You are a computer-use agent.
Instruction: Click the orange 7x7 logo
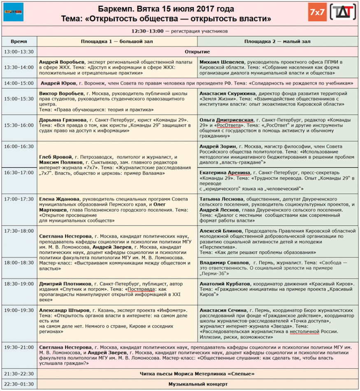pyautogui.click(x=317, y=12)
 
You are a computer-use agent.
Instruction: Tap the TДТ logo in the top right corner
pyautogui.click(x=343, y=12)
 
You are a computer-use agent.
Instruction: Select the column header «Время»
pyautogui.click(x=19, y=42)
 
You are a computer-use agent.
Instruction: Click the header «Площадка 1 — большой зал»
pyautogui.click(x=117, y=42)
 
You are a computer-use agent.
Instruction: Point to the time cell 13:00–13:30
pyautogui.click(x=19, y=52)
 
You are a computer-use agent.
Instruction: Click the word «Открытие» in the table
pyautogui.click(x=197, y=52)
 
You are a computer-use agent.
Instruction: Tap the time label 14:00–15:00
pyautogui.click(x=19, y=83)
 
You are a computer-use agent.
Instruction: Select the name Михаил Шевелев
pyautogui.click(x=219, y=62)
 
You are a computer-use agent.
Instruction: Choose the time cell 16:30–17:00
pyautogui.click(x=19, y=173)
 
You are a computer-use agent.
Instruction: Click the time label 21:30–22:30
pyautogui.click(x=19, y=374)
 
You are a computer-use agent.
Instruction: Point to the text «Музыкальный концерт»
pyautogui.click(x=197, y=384)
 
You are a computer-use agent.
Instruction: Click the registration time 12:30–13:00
pyautogui.click(x=147, y=31)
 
